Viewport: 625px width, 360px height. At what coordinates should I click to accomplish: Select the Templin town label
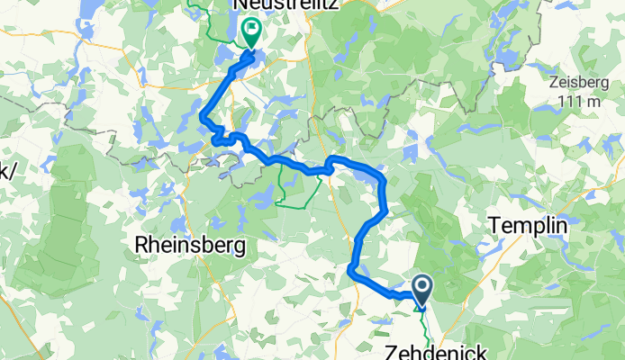[x=527, y=225]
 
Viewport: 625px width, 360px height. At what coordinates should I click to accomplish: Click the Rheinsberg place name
[x=190, y=244]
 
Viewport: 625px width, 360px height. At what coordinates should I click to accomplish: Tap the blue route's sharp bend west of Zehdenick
[x=351, y=268]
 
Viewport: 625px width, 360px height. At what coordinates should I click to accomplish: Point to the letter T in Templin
[x=493, y=225]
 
